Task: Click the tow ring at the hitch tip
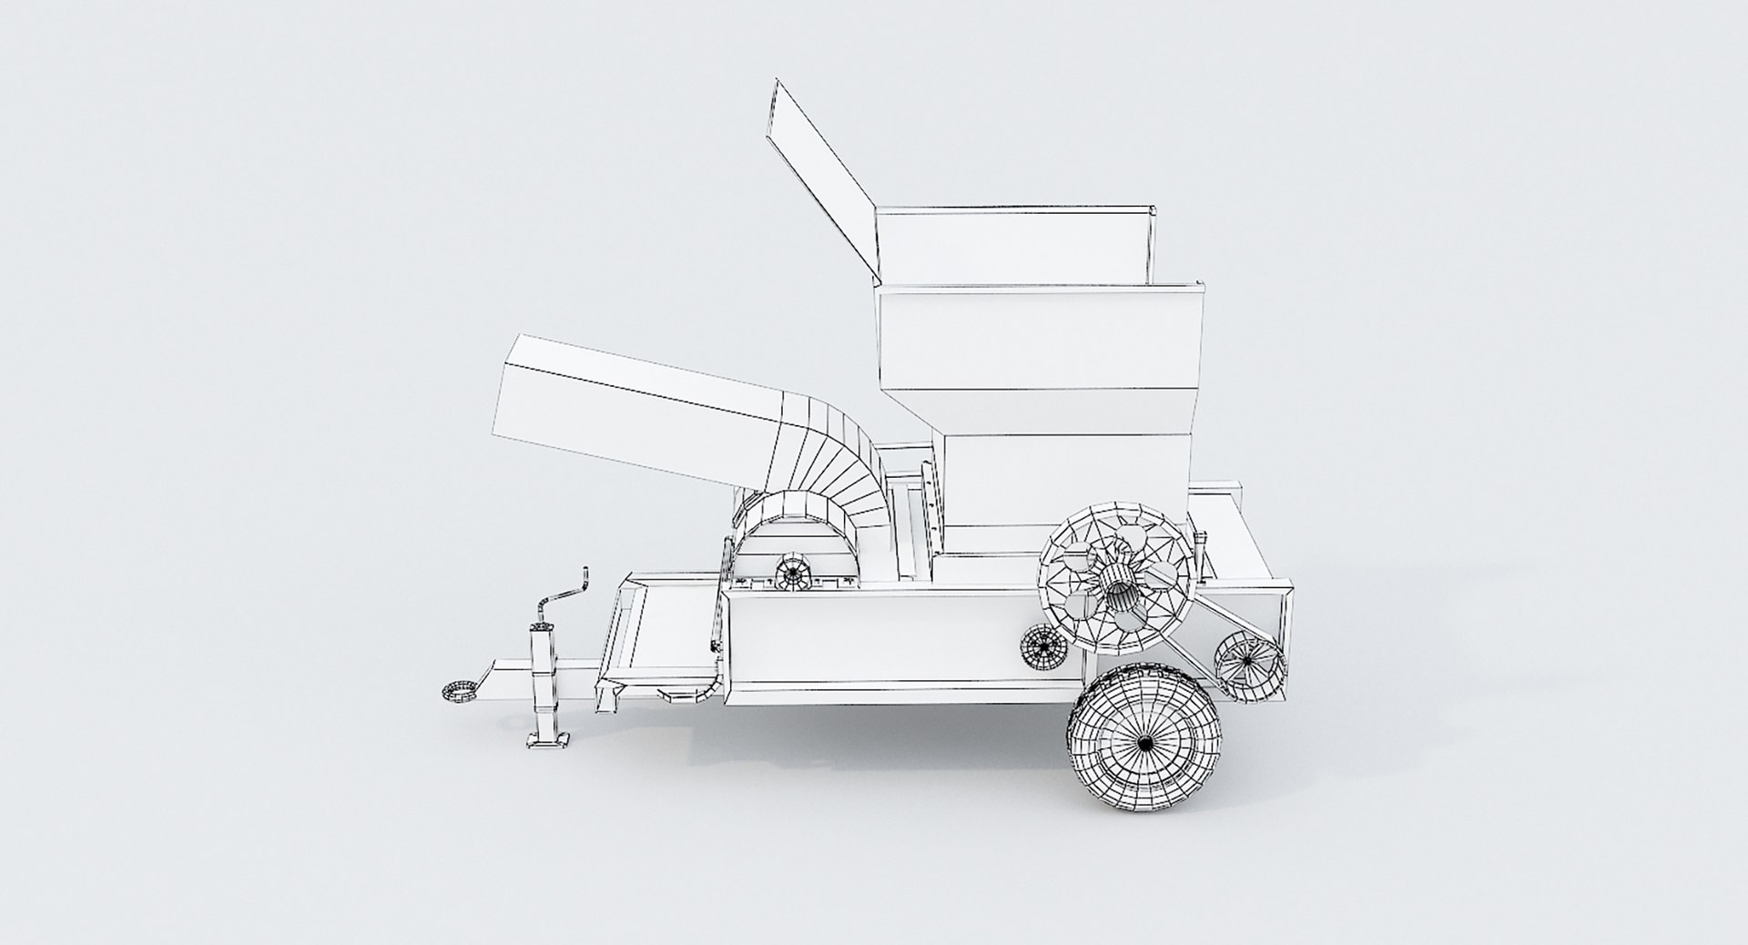click(461, 691)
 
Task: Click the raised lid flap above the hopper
click(824, 178)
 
